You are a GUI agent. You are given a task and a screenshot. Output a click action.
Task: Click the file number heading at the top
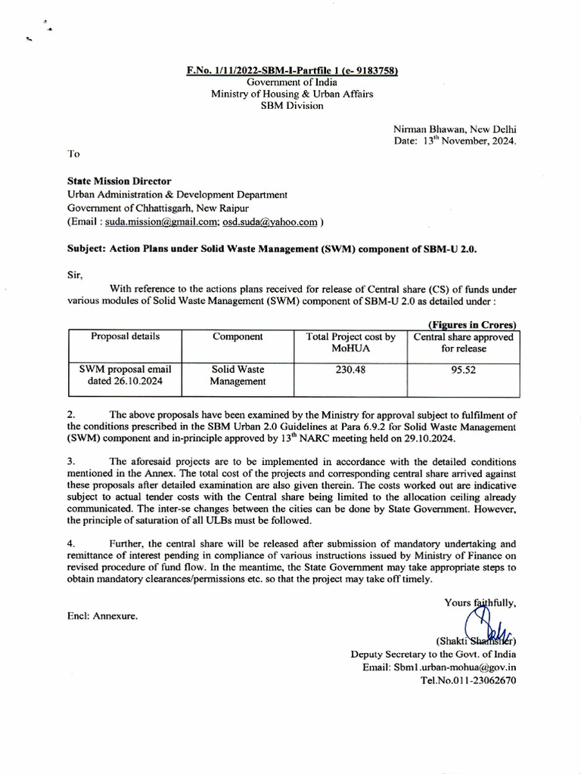tap(292, 71)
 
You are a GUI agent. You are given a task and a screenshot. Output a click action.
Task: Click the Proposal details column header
tap(126, 336)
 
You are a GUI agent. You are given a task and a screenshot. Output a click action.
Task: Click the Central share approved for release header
tap(463, 343)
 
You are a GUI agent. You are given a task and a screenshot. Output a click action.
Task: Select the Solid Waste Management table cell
tap(238, 376)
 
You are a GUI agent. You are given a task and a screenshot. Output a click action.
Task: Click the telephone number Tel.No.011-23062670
tap(468, 680)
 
